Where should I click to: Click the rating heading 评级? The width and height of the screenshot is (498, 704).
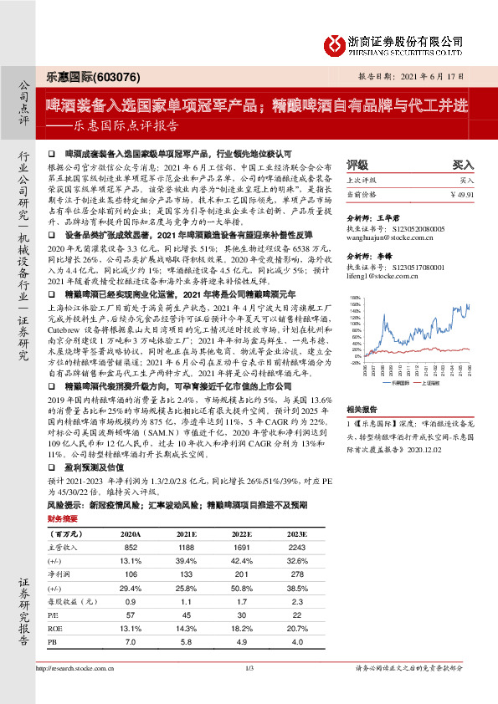(x=357, y=166)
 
